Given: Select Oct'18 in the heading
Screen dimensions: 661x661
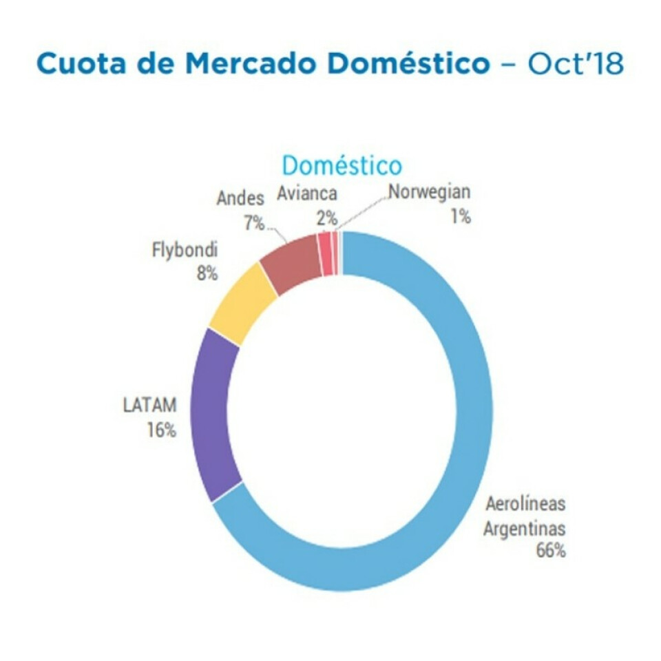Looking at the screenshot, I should [x=575, y=64].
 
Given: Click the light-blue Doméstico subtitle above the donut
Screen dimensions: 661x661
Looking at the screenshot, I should [x=342, y=166].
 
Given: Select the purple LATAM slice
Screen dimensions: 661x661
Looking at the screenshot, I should [x=214, y=413].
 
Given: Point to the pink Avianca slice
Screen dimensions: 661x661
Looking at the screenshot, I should [x=324, y=254].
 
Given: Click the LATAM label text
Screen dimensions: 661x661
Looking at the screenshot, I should [x=149, y=406].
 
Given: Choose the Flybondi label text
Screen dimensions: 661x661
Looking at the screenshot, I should [x=185, y=249].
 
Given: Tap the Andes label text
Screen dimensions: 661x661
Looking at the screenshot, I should [x=240, y=198].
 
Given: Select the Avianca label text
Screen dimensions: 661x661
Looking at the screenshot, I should [x=307, y=193].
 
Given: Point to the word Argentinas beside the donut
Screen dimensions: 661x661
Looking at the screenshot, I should [x=524, y=529].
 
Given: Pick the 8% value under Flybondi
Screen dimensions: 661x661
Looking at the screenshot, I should [x=207, y=273].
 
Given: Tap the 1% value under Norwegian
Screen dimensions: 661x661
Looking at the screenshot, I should [x=460, y=217].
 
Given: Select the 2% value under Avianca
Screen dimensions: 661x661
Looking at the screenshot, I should [x=326, y=219].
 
